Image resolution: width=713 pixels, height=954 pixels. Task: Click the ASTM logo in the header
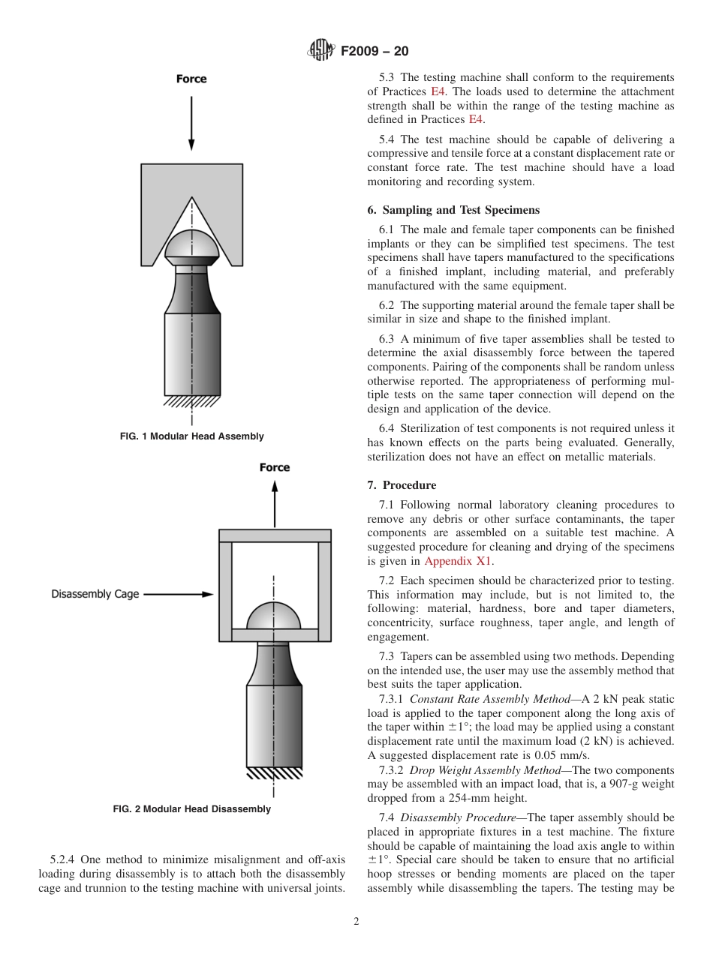coord(322,51)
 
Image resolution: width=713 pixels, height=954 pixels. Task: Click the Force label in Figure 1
coord(191,79)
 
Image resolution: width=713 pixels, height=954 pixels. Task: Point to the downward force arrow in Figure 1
coord(191,124)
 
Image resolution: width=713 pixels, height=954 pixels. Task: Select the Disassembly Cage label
coord(95,594)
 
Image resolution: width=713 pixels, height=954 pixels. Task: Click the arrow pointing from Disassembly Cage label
coord(179,594)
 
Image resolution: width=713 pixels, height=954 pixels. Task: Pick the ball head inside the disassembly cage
coord(274,616)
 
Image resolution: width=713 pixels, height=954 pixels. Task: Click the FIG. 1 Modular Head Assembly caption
coord(192,436)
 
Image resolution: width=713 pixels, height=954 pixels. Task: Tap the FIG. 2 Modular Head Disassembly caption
coord(192,809)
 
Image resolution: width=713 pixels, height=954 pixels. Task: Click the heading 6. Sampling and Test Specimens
coord(453,210)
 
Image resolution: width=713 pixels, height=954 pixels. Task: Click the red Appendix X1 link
coord(459,561)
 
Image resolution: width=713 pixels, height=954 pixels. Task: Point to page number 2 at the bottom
coord(356,922)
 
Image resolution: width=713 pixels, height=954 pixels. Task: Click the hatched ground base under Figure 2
coord(275,773)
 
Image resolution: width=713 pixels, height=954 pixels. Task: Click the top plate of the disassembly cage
coord(275,535)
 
